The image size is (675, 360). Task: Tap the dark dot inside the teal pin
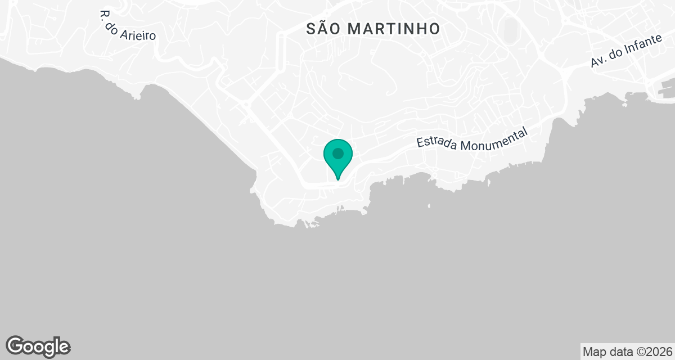tap(338, 153)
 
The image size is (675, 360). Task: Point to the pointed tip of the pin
tap(338, 179)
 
